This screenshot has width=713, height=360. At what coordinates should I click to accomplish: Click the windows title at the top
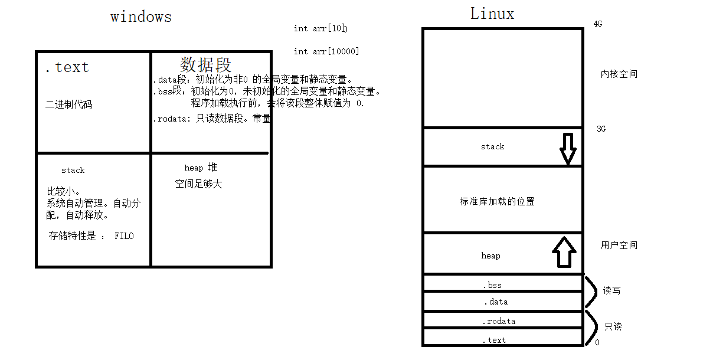[x=141, y=17]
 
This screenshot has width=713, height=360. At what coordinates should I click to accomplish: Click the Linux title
[x=492, y=14]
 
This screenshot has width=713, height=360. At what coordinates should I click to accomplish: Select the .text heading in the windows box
[x=67, y=67]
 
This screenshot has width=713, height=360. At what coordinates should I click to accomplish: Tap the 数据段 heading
[x=205, y=64]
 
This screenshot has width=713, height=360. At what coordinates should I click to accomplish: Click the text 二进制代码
[x=69, y=105]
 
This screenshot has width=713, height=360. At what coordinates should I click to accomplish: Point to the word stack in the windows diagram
[x=73, y=170]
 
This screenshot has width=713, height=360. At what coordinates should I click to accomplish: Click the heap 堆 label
[x=201, y=168]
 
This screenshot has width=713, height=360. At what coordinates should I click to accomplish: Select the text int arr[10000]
[x=326, y=51]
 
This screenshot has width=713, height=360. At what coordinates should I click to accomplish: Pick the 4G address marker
[x=598, y=24]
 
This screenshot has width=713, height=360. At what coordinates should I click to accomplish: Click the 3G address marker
[x=601, y=129]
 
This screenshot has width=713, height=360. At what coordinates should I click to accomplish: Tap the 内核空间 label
[x=619, y=74]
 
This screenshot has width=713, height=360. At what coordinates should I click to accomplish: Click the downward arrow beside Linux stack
[x=567, y=148]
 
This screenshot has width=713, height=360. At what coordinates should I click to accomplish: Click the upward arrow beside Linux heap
[x=564, y=252]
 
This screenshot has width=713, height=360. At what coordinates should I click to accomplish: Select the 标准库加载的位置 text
[x=497, y=201]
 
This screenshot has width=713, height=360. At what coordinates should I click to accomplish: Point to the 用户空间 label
[x=619, y=245]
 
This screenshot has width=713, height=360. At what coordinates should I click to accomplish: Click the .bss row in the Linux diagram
[x=492, y=285]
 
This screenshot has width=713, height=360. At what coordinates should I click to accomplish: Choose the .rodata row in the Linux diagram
[x=499, y=322]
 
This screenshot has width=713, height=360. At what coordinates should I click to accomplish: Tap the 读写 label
[x=611, y=291]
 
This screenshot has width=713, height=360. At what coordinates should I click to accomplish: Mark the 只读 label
[x=613, y=326]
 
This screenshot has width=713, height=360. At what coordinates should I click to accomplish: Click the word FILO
[x=124, y=236]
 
